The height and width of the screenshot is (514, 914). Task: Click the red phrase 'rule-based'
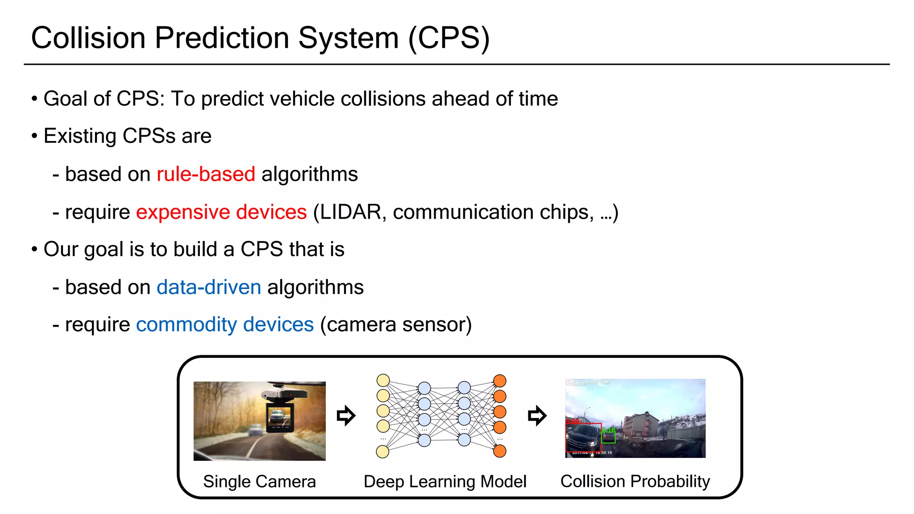206,174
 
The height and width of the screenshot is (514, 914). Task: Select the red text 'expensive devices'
221,212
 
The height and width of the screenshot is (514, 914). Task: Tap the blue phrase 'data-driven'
209,287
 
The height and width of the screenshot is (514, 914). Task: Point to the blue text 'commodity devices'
225,324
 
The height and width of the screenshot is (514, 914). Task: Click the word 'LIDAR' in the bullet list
350,212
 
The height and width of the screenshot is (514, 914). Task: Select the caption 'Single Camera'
259,481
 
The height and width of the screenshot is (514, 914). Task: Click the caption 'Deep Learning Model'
445,481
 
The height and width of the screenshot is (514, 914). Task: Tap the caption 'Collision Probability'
635,481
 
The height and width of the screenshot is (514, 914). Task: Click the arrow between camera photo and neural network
346,416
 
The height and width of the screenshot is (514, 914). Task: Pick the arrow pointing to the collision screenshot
537,416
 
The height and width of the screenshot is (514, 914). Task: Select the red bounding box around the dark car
583,437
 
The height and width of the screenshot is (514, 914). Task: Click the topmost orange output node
500,381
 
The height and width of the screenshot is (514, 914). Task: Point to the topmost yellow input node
383,381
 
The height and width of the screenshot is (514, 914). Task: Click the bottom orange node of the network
500,451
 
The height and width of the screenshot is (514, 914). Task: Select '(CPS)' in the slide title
449,38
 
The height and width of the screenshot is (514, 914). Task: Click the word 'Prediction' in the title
222,38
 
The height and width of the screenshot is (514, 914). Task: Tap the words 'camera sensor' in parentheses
396,324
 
